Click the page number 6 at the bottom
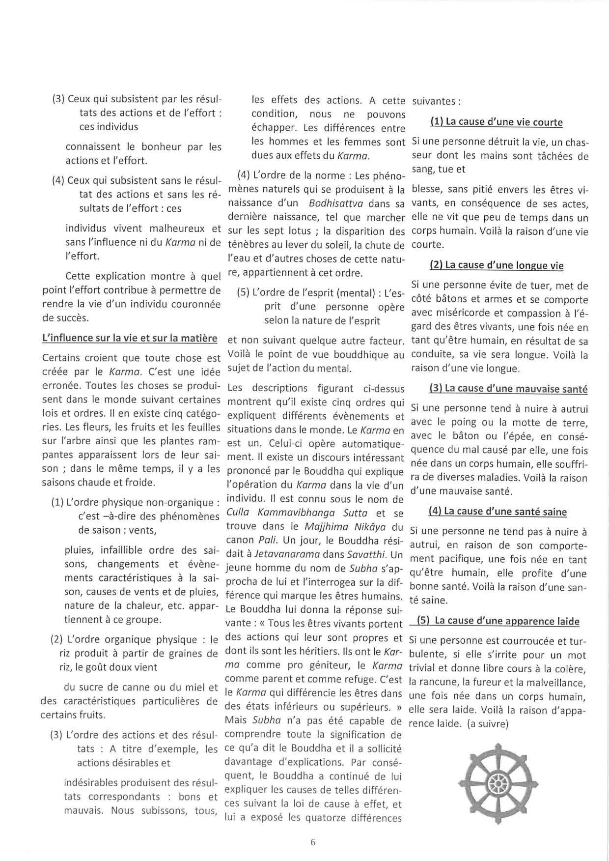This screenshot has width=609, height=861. click(313, 841)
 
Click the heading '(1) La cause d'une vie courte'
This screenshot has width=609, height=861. click(497, 122)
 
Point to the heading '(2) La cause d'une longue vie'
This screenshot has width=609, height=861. click(497, 266)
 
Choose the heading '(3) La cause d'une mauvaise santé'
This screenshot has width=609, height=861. click(508, 389)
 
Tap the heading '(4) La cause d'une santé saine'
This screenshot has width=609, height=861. click(498, 512)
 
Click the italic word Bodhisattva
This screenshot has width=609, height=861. click(335, 203)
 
